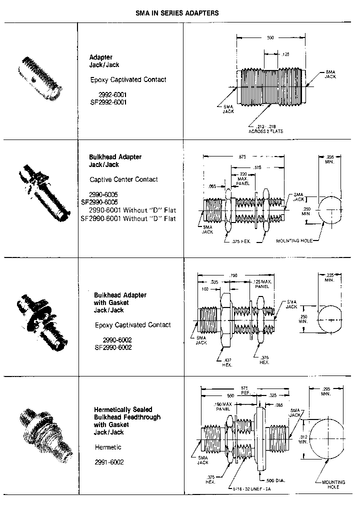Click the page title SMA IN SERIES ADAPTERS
coord(177,13)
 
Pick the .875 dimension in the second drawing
coord(242,156)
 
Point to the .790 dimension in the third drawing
coord(233,275)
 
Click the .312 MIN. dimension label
coord(303,438)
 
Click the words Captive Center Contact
coord(123,179)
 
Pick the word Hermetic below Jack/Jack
coord(108,447)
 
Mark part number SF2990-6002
coord(113,347)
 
